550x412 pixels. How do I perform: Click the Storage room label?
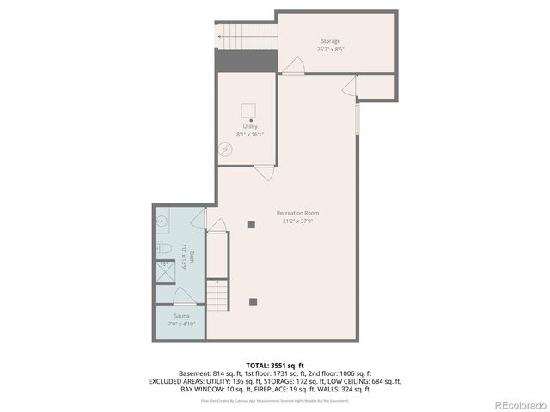tap(330, 41)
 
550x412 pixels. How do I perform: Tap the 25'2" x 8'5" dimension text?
tap(330, 50)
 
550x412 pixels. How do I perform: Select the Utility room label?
tap(249, 126)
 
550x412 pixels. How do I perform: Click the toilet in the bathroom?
tap(163, 248)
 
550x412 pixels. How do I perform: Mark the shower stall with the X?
tap(163, 276)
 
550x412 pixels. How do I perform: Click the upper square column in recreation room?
tap(251, 225)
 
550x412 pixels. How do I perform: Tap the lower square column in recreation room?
tap(253, 300)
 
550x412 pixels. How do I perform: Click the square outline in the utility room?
tap(248, 109)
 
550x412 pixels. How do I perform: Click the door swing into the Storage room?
tap(294, 65)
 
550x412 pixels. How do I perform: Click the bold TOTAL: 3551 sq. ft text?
tap(275, 365)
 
